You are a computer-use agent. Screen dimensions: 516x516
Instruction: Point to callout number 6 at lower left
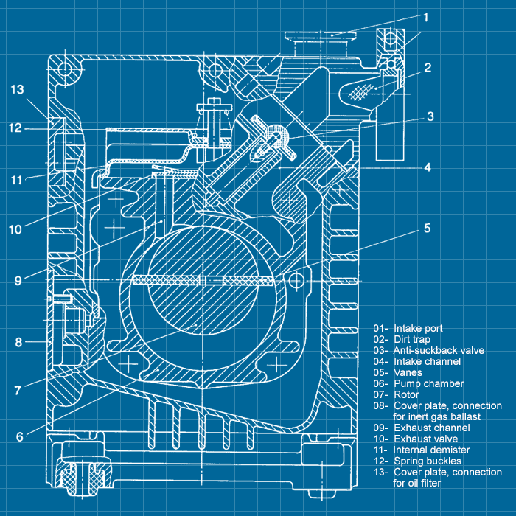pos(20,436)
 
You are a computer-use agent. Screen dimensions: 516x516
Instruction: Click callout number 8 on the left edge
pos(20,342)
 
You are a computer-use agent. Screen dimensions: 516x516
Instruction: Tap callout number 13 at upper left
pos(18,90)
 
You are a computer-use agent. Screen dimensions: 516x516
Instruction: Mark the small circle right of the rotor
pos(296,279)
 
